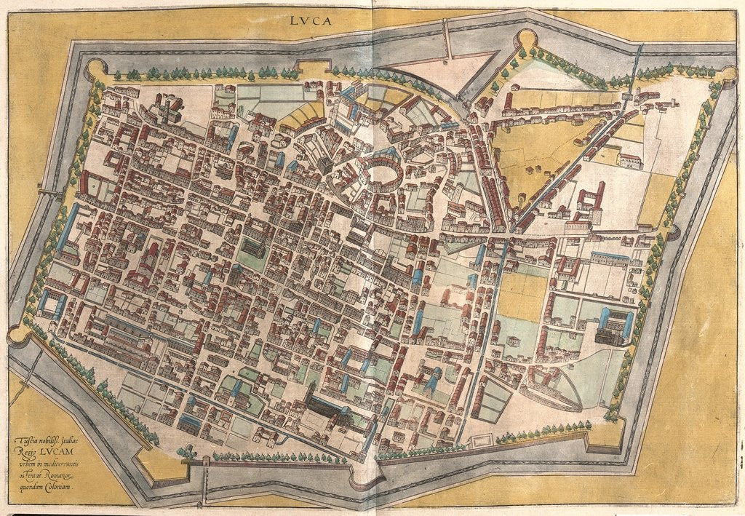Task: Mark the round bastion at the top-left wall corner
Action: [x=95, y=69]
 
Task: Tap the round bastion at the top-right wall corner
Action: [x=728, y=75]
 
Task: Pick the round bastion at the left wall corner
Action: [x=17, y=336]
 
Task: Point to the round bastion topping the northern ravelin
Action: [x=525, y=39]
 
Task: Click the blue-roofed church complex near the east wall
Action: [x=613, y=326]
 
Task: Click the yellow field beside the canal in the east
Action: [x=522, y=295]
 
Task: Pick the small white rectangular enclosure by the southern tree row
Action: [x=480, y=440]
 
